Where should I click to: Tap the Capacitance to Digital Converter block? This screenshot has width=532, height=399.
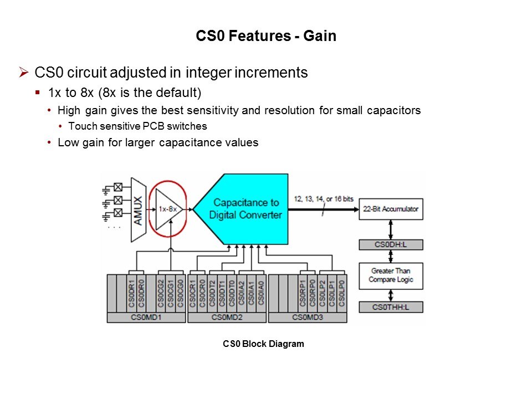(x=244, y=208)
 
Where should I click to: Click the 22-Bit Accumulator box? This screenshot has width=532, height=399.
(x=391, y=209)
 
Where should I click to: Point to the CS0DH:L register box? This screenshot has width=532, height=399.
(x=391, y=244)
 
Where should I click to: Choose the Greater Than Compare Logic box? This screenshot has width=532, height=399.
(x=391, y=275)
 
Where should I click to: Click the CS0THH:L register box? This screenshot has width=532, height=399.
(x=391, y=306)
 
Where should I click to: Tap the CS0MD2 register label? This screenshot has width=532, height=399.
(x=227, y=318)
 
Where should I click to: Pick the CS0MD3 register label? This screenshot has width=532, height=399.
(x=308, y=318)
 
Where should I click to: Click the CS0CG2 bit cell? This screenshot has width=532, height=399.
(x=161, y=293)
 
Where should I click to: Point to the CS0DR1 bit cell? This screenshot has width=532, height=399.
(x=131, y=293)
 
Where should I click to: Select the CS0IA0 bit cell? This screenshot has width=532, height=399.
(x=261, y=293)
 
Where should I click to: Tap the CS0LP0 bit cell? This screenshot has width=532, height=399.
(x=342, y=293)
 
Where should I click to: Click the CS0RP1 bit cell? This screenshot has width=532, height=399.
(x=303, y=293)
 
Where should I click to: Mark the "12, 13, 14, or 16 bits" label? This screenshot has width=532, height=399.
(x=324, y=198)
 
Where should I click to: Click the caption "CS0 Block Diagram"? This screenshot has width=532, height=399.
(x=263, y=344)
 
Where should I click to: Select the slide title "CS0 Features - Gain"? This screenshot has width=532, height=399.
(x=266, y=37)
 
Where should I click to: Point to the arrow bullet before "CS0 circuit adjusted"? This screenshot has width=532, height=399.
(x=23, y=72)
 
